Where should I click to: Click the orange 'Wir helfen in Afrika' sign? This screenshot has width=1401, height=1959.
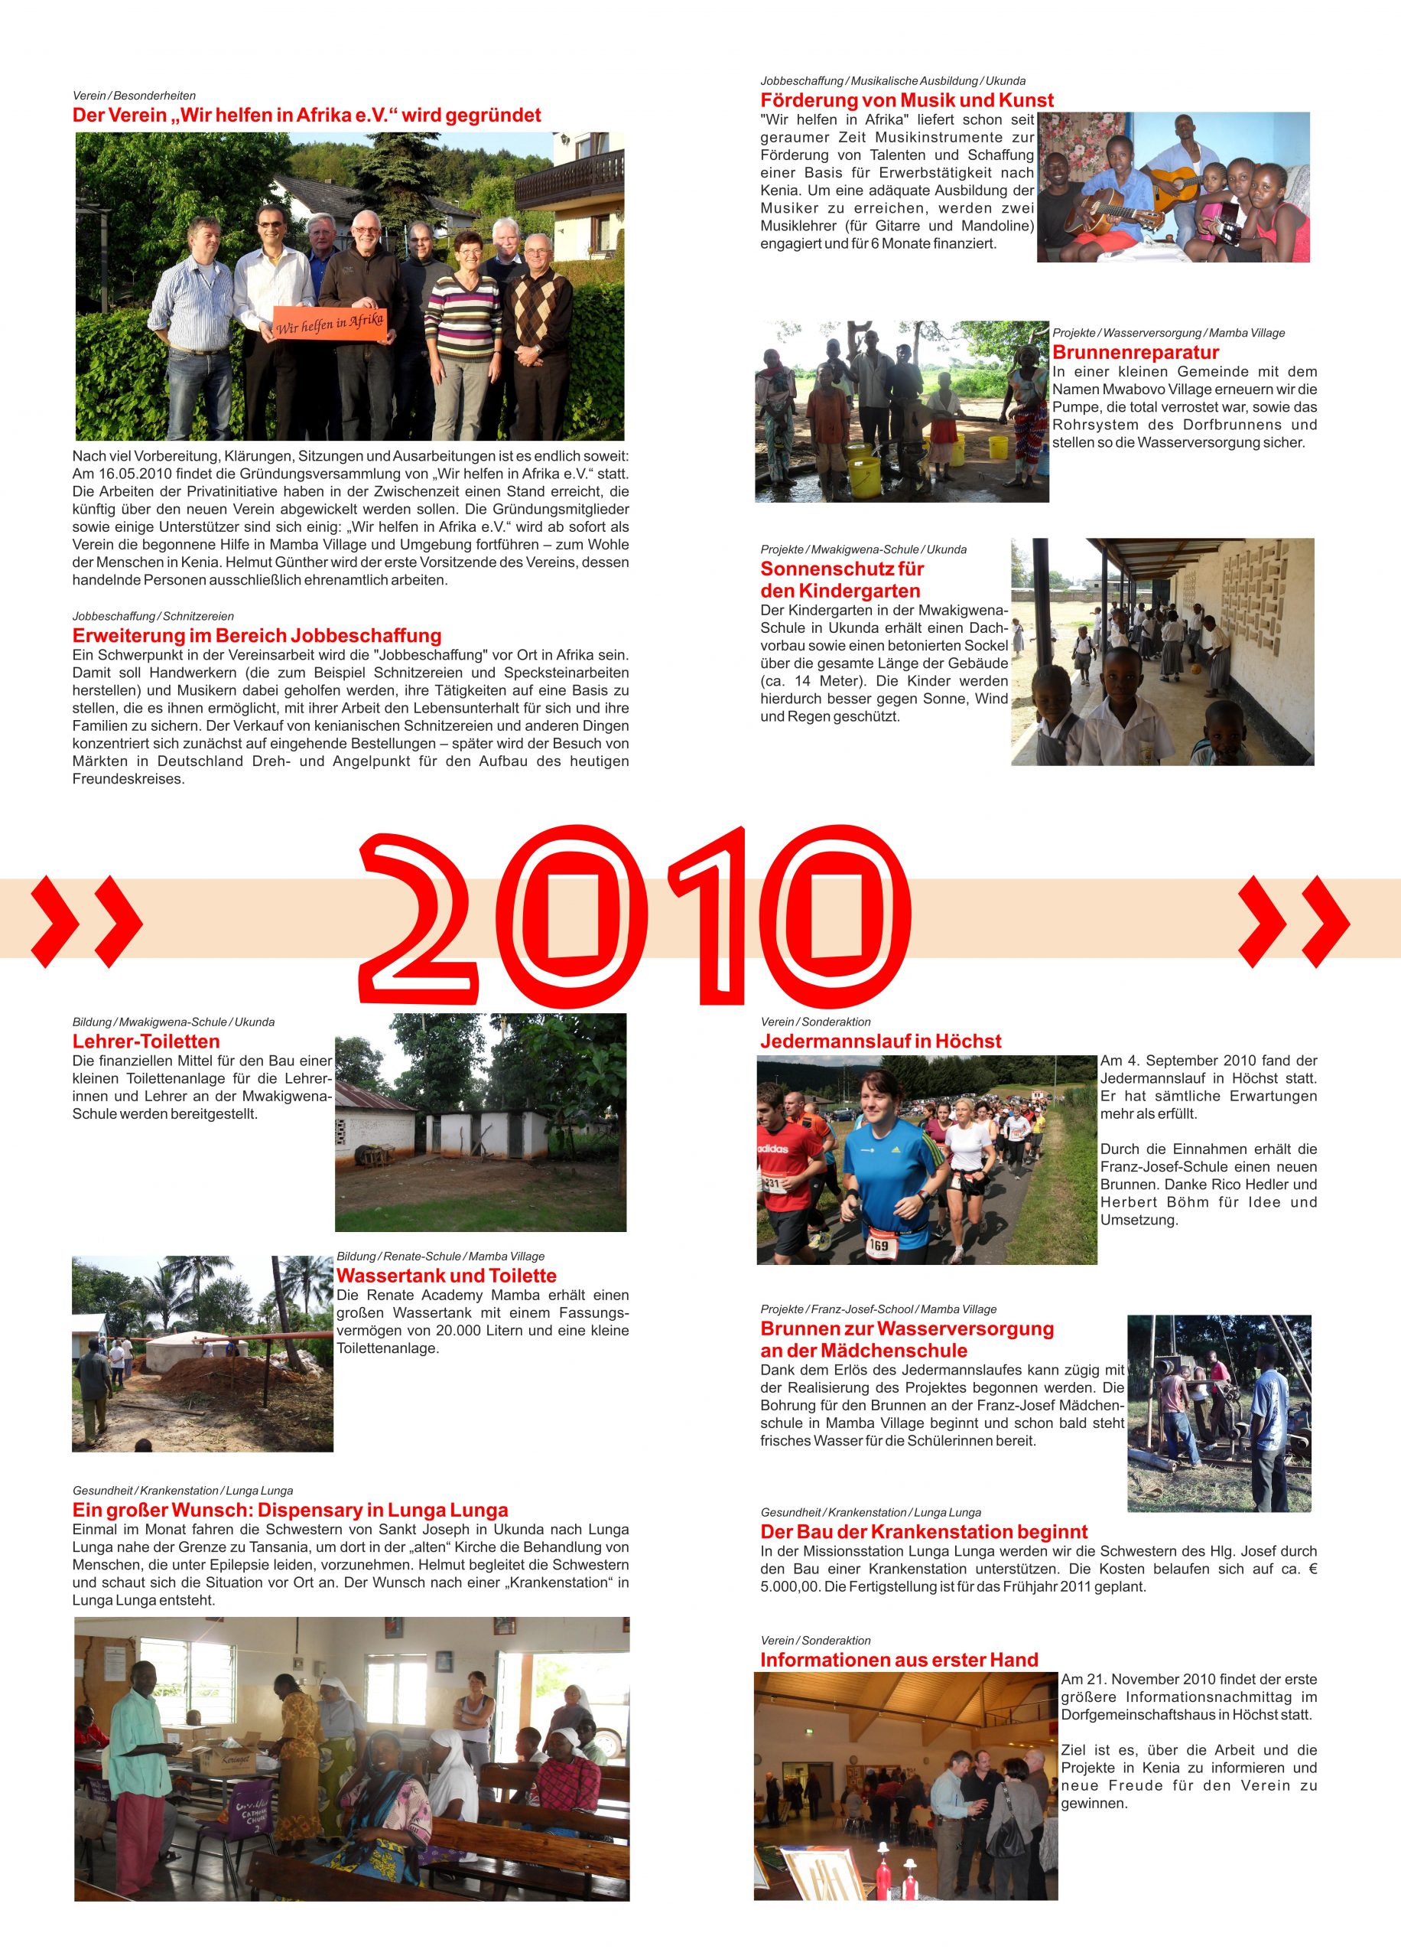click(x=330, y=324)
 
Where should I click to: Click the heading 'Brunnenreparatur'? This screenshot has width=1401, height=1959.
click(x=1136, y=352)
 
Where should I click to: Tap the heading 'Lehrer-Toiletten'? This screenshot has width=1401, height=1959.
click(x=146, y=1041)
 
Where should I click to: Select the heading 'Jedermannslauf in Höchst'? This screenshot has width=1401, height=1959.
click(x=880, y=1041)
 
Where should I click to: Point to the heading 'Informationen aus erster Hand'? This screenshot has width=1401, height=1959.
click(x=899, y=1660)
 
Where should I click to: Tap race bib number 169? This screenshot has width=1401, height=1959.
click(x=878, y=1245)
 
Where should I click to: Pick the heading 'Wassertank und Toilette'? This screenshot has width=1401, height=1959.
click(x=446, y=1276)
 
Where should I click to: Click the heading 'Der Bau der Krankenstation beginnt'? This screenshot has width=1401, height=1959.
click(x=924, y=1532)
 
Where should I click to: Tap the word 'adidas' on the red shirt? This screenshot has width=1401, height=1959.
click(x=775, y=1149)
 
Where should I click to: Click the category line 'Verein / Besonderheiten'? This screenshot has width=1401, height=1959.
click(x=134, y=96)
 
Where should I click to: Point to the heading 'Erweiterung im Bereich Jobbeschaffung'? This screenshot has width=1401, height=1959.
click(x=257, y=636)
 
